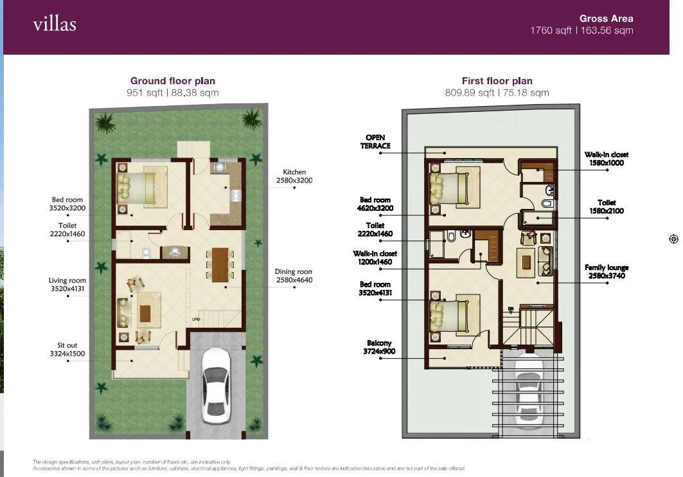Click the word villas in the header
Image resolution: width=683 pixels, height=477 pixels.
pyautogui.click(x=55, y=25)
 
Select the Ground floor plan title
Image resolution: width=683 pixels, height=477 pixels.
pyautogui.click(x=173, y=81)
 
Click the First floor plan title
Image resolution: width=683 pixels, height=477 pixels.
pyautogui.click(x=497, y=81)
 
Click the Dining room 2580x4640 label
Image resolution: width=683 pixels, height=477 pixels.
pyautogui.click(x=293, y=276)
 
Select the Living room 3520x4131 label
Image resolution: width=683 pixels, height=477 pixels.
pyautogui.click(x=67, y=285)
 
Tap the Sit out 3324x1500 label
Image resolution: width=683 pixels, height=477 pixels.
pyautogui.click(x=67, y=350)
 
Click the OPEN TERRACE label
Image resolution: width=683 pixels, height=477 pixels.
pyautogui.click(x=377, y=142)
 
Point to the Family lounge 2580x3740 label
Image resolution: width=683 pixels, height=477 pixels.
pyautogui.click(x=606, y=271)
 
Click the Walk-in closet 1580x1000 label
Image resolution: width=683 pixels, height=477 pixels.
pyautogui.click(x=606, y=159)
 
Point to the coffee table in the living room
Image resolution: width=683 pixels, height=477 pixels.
pyautogui.click(x=145, y=313)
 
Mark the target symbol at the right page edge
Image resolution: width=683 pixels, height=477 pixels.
pyautogui.click(x=673, y=239)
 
